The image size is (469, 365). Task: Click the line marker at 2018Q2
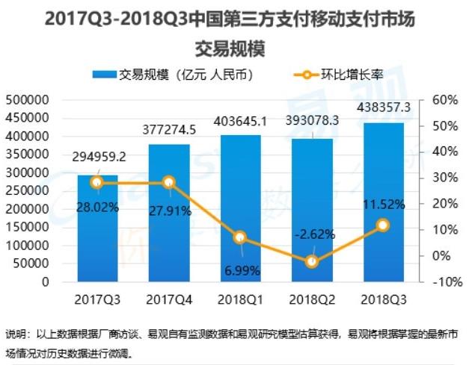tap(312, 261)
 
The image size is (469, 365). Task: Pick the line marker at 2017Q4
tap(168, 182)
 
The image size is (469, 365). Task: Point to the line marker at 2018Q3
tap(383, 225)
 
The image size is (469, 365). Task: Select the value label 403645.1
tap(240, 120)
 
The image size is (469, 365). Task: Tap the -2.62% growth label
tap(312, 234)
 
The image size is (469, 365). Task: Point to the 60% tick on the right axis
tap(440, 100)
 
